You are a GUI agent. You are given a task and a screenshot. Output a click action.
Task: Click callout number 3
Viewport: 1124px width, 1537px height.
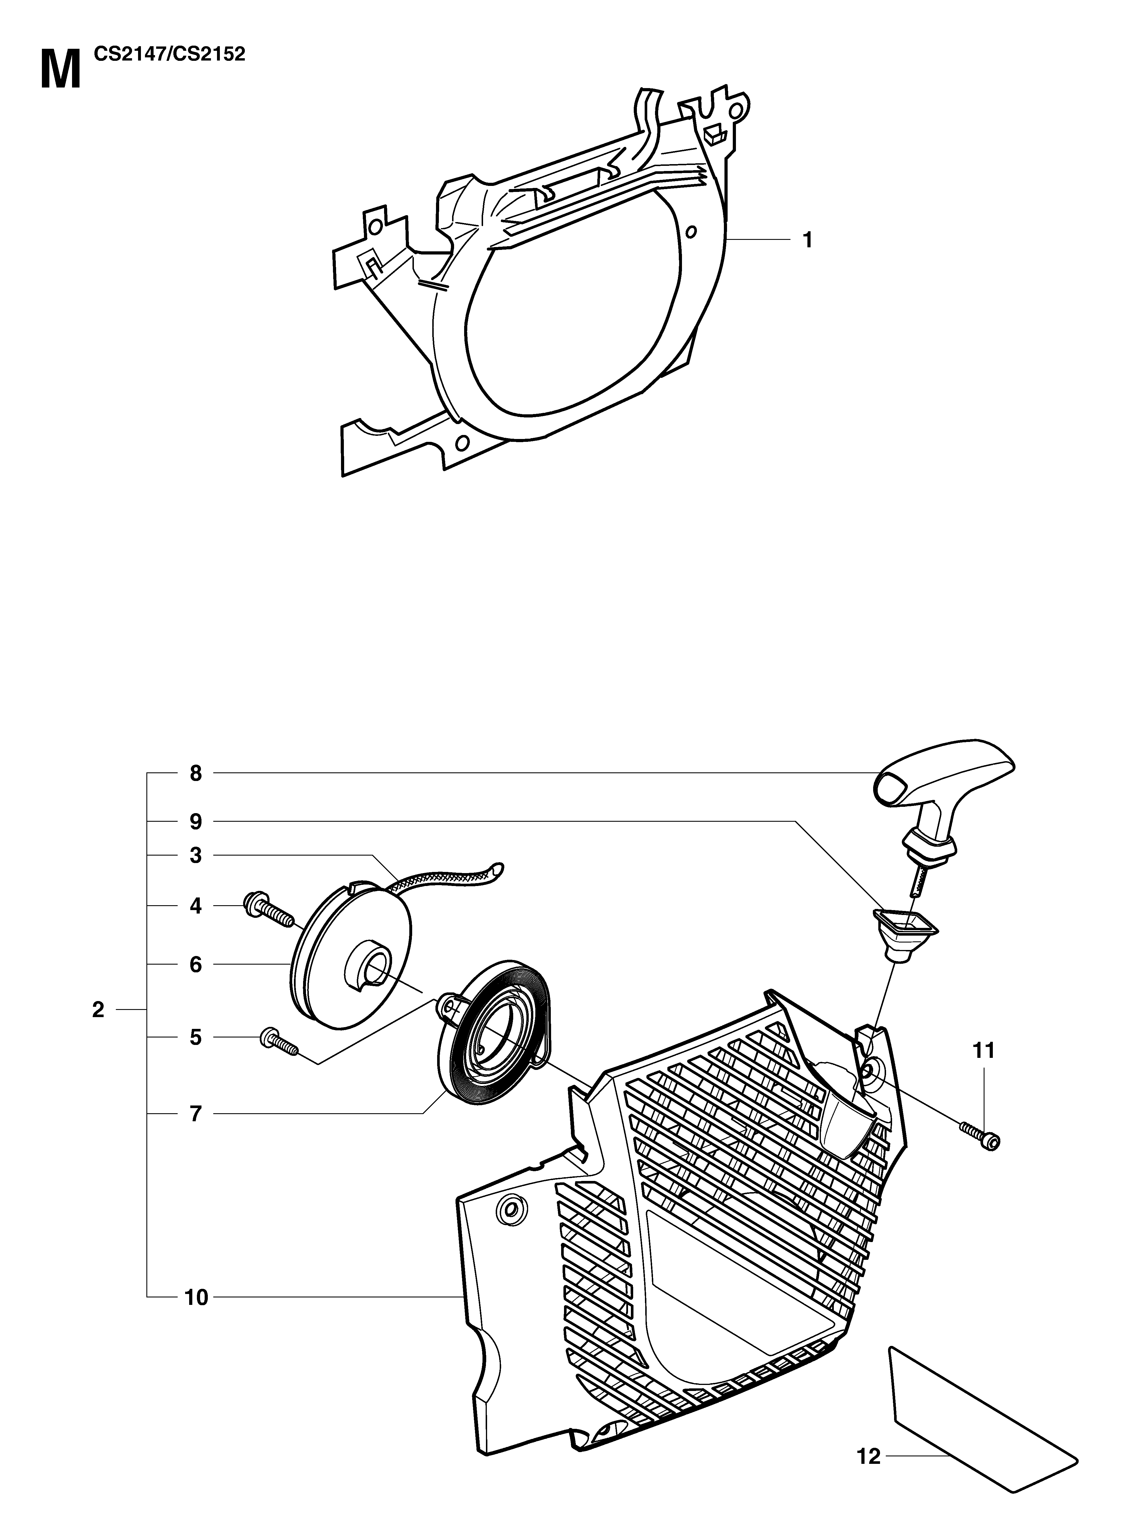196,856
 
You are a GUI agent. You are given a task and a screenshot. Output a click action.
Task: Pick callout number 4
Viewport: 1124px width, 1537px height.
196,906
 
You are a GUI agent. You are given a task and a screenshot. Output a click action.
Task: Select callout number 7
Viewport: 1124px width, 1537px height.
196,1114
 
